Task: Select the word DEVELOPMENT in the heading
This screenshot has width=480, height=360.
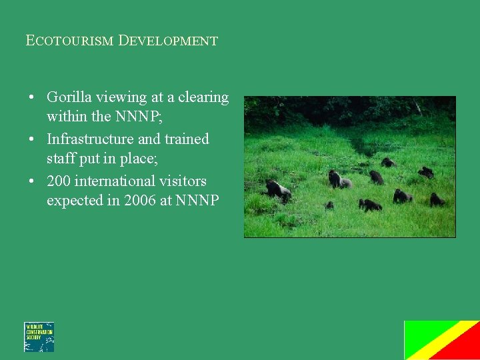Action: tap(168, 41)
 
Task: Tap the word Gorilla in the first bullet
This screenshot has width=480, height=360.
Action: tap(69, 97)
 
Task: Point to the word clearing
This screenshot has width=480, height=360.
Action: tap(203, 97)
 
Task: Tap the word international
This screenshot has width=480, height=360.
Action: tap(114, 181)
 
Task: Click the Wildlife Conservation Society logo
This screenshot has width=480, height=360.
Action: tap(39, 337)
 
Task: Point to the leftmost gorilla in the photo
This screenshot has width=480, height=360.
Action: tap(277, 189)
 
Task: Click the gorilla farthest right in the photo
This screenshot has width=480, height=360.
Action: tap(437, 199)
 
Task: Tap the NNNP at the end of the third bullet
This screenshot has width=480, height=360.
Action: tap(197, 201)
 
